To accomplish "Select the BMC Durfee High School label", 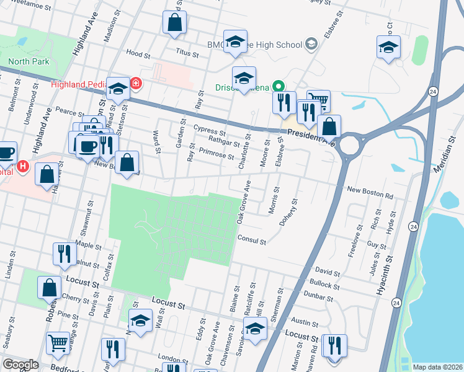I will [x=254, y=45].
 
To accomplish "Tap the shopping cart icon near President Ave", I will [x=318, y=100].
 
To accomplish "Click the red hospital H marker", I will [x=24, y=166].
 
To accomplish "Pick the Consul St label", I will [x=251, y=239].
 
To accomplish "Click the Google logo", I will [x=20, y=365].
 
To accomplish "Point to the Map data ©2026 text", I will [x=437, y=367].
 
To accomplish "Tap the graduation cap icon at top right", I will [x=388, y=47].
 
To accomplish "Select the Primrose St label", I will [x=216, y=154].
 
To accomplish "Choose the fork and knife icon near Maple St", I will [x=64, y=252].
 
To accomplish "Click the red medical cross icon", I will [x=135, y=84].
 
